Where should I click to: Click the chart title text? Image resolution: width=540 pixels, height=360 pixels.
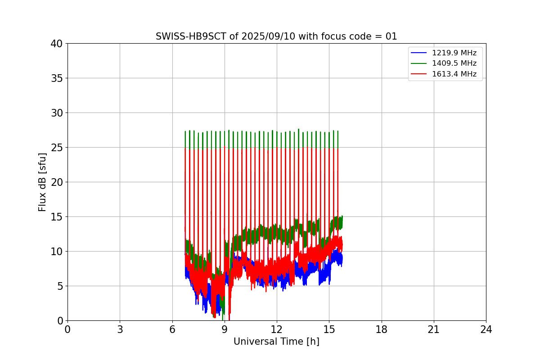click(276, 36)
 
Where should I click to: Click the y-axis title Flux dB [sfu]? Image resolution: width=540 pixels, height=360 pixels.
click(42, 182)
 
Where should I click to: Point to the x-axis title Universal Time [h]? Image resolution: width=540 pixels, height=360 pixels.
click(276, 342)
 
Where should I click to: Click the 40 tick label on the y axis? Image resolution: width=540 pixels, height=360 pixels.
click(57, 44)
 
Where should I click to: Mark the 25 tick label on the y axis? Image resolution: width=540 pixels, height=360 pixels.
click(57, 148)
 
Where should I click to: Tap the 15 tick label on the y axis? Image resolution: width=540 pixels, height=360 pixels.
click(57, 217)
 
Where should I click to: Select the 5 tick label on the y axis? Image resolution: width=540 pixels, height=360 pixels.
click(59, 286)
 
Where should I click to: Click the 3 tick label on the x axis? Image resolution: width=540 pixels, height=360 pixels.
click(120, 330)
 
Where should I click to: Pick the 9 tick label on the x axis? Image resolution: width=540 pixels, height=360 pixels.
click(224, 330)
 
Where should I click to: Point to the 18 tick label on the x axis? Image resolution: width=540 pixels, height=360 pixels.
click(382, 330)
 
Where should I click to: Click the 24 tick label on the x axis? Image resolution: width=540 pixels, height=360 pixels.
click(486, 330)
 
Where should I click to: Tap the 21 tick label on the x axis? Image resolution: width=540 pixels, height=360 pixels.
click(434, 330)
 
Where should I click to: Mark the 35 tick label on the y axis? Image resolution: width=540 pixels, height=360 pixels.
click(57, 78)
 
